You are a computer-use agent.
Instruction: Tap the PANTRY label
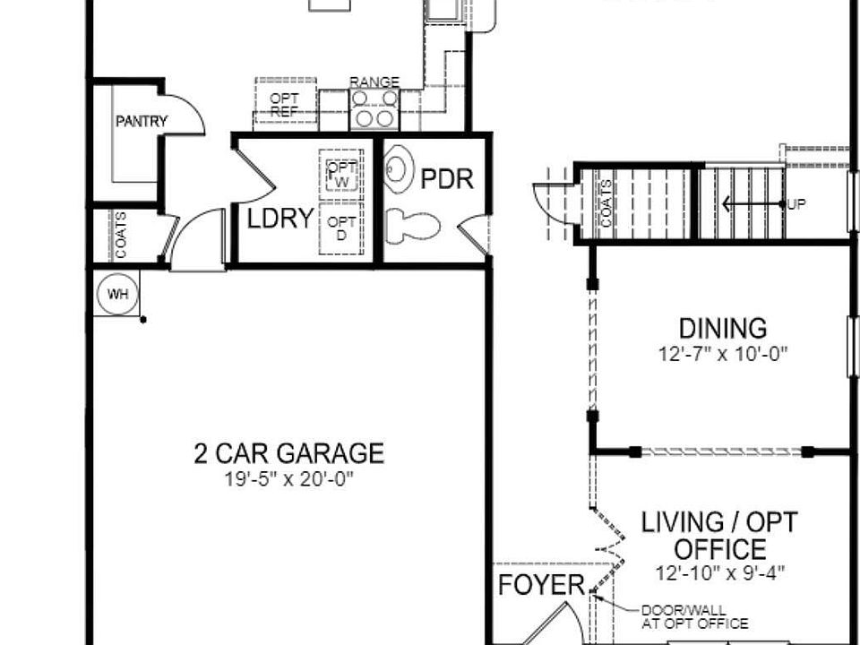141,121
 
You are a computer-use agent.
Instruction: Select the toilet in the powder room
413,225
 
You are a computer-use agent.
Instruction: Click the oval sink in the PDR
400,169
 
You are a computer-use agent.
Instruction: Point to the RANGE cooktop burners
374,109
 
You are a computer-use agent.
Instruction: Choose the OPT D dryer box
340,228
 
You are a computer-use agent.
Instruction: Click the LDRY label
279,219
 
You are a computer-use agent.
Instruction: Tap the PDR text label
446,179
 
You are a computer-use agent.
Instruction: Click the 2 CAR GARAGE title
288,453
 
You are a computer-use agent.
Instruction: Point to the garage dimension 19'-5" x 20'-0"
288,479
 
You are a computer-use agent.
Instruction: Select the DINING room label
722,329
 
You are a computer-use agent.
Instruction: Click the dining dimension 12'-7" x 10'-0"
722,353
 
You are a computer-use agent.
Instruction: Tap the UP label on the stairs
796,204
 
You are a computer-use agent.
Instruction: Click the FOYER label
541,586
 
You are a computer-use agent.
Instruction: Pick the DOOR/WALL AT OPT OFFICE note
693,617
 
